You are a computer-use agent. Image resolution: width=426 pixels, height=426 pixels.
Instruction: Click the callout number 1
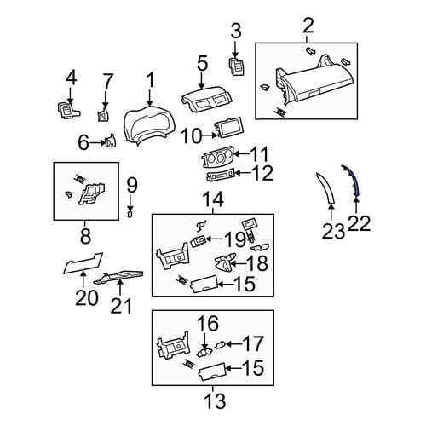coord(150,80)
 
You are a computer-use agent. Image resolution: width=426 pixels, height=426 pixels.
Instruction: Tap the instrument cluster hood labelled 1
coord(150,125)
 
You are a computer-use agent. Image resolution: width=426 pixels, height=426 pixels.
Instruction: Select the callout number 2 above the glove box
coord(308,26)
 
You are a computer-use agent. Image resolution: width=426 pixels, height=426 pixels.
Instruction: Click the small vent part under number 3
coord(237,66)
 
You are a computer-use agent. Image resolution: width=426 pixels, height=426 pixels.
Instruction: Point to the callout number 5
coord(202,63)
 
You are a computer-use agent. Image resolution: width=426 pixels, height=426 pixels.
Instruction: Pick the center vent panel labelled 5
coord(206,100)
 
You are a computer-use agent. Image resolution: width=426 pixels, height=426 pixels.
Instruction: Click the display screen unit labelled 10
coord(228,128)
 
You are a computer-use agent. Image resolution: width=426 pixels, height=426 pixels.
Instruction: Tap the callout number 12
coord(262,173)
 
